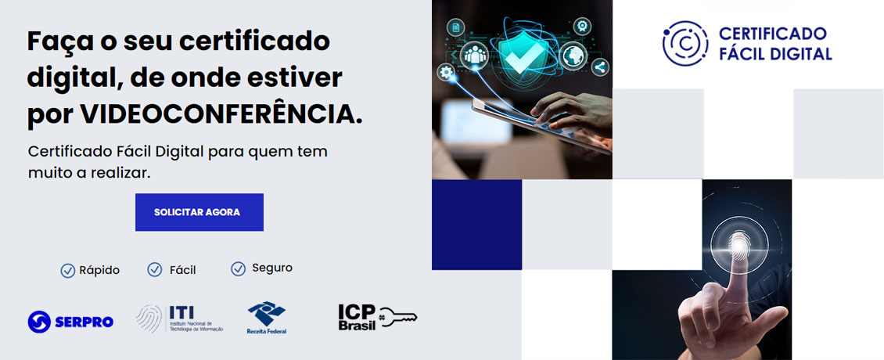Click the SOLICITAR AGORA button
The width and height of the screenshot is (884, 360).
tap(199, 212)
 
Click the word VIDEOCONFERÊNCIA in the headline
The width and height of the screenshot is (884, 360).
tap(221, 114)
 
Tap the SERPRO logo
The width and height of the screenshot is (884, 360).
tap(70, 321)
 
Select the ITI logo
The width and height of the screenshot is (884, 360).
tap(179, 319)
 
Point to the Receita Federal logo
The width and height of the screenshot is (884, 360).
tap(267, 318)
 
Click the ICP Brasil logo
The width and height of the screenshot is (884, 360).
tap(358, 317)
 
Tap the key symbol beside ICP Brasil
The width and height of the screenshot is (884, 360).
tap(398, 316)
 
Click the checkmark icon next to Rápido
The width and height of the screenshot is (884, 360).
tap(68, 271)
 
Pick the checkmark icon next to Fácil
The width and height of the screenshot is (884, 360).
tap(155, 270)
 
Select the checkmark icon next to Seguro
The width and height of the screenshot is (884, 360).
tap(239, 269)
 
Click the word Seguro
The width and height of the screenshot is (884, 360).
tap(272, 268)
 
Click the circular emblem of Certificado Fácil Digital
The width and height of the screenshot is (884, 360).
tap(685, 43)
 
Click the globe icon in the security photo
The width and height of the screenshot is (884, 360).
tap(573, 56)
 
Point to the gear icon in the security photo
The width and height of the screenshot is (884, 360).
tap(447, 73)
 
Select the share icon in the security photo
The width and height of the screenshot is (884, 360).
tap(600, 67)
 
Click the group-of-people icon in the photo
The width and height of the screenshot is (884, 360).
tap(474, 54)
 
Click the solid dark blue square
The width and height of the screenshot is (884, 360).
tap(476, 225)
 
